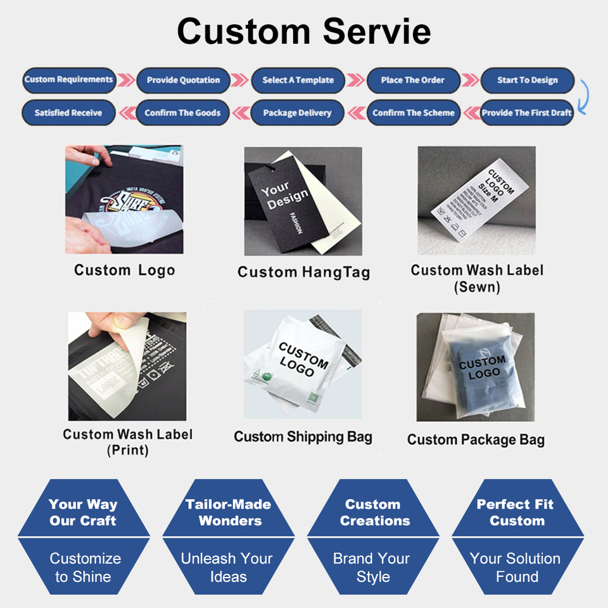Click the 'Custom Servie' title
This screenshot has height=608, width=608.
(x=304, y=31)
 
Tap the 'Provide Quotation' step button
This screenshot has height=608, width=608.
(x=183, y=80)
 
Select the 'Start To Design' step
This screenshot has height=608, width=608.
(x=527, y=80)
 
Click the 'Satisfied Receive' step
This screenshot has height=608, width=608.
(x=68, y=113)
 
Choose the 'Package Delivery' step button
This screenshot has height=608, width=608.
(x=297, y=113)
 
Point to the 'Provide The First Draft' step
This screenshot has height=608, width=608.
(x=527, y=113)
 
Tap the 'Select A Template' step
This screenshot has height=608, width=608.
(x=298, y=80)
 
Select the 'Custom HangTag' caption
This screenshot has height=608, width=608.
(x=303, y=272)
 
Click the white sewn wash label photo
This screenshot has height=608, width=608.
(x=476, y=193)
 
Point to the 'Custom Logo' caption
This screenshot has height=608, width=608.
(x=124, y=270)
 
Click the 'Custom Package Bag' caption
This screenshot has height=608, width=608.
(x=476, y=440)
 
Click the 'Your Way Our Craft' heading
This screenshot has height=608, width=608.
(x=83, y=512)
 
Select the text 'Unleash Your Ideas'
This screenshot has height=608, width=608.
(x=227, y=567)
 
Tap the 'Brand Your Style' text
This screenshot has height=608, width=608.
(x=372, y=567)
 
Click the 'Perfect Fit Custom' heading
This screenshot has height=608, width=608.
(x=516, y=512)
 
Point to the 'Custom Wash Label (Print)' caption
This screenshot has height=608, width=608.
(x=127, y=442)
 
